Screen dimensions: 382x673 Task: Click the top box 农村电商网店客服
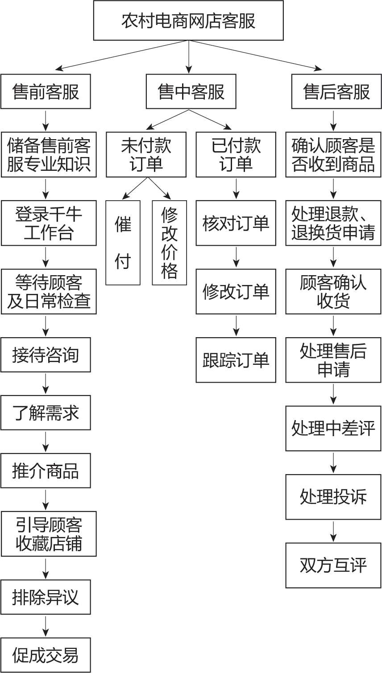188,21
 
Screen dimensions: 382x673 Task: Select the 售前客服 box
46,91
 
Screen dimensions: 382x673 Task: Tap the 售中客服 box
191,91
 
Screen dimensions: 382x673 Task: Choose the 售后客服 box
336,91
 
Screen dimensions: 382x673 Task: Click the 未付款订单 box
146,154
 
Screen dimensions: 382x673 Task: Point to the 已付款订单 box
236,154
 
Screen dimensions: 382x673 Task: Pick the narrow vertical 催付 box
123,243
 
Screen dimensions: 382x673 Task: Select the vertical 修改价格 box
170,243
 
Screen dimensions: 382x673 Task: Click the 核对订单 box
236,223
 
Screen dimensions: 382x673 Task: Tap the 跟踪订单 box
236,360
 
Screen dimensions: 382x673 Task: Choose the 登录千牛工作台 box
49,223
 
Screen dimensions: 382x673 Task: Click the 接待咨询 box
46,355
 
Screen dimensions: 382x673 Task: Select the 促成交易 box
46,655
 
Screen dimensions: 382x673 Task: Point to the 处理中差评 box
333,429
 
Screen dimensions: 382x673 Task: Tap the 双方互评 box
333,565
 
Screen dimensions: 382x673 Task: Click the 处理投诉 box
333,497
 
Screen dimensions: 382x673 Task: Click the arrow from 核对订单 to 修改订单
236,257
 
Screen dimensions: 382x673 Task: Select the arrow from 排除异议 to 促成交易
46,626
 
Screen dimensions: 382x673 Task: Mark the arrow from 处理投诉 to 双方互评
333,531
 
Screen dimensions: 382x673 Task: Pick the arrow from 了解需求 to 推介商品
46,442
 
